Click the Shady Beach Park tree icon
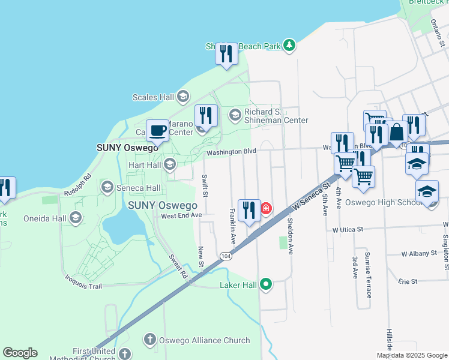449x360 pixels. coord(290,45)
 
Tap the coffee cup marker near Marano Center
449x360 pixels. coord(158,130)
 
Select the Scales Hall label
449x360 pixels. coord(153,97)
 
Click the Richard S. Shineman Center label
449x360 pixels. coord(276,116)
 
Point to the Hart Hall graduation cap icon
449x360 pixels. coord(170,164)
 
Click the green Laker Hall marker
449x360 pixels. coord(265,285)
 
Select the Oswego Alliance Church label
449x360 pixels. coord(205,340)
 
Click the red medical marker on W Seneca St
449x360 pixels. coord(265,208)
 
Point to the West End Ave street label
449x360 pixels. coord(181,215)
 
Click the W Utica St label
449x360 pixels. coord(348,229)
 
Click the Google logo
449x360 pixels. coord(20,353)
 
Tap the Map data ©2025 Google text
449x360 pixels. coord(411,355)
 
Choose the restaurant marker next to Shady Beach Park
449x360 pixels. coord(226,54)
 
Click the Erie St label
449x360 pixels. coord(407,281)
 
